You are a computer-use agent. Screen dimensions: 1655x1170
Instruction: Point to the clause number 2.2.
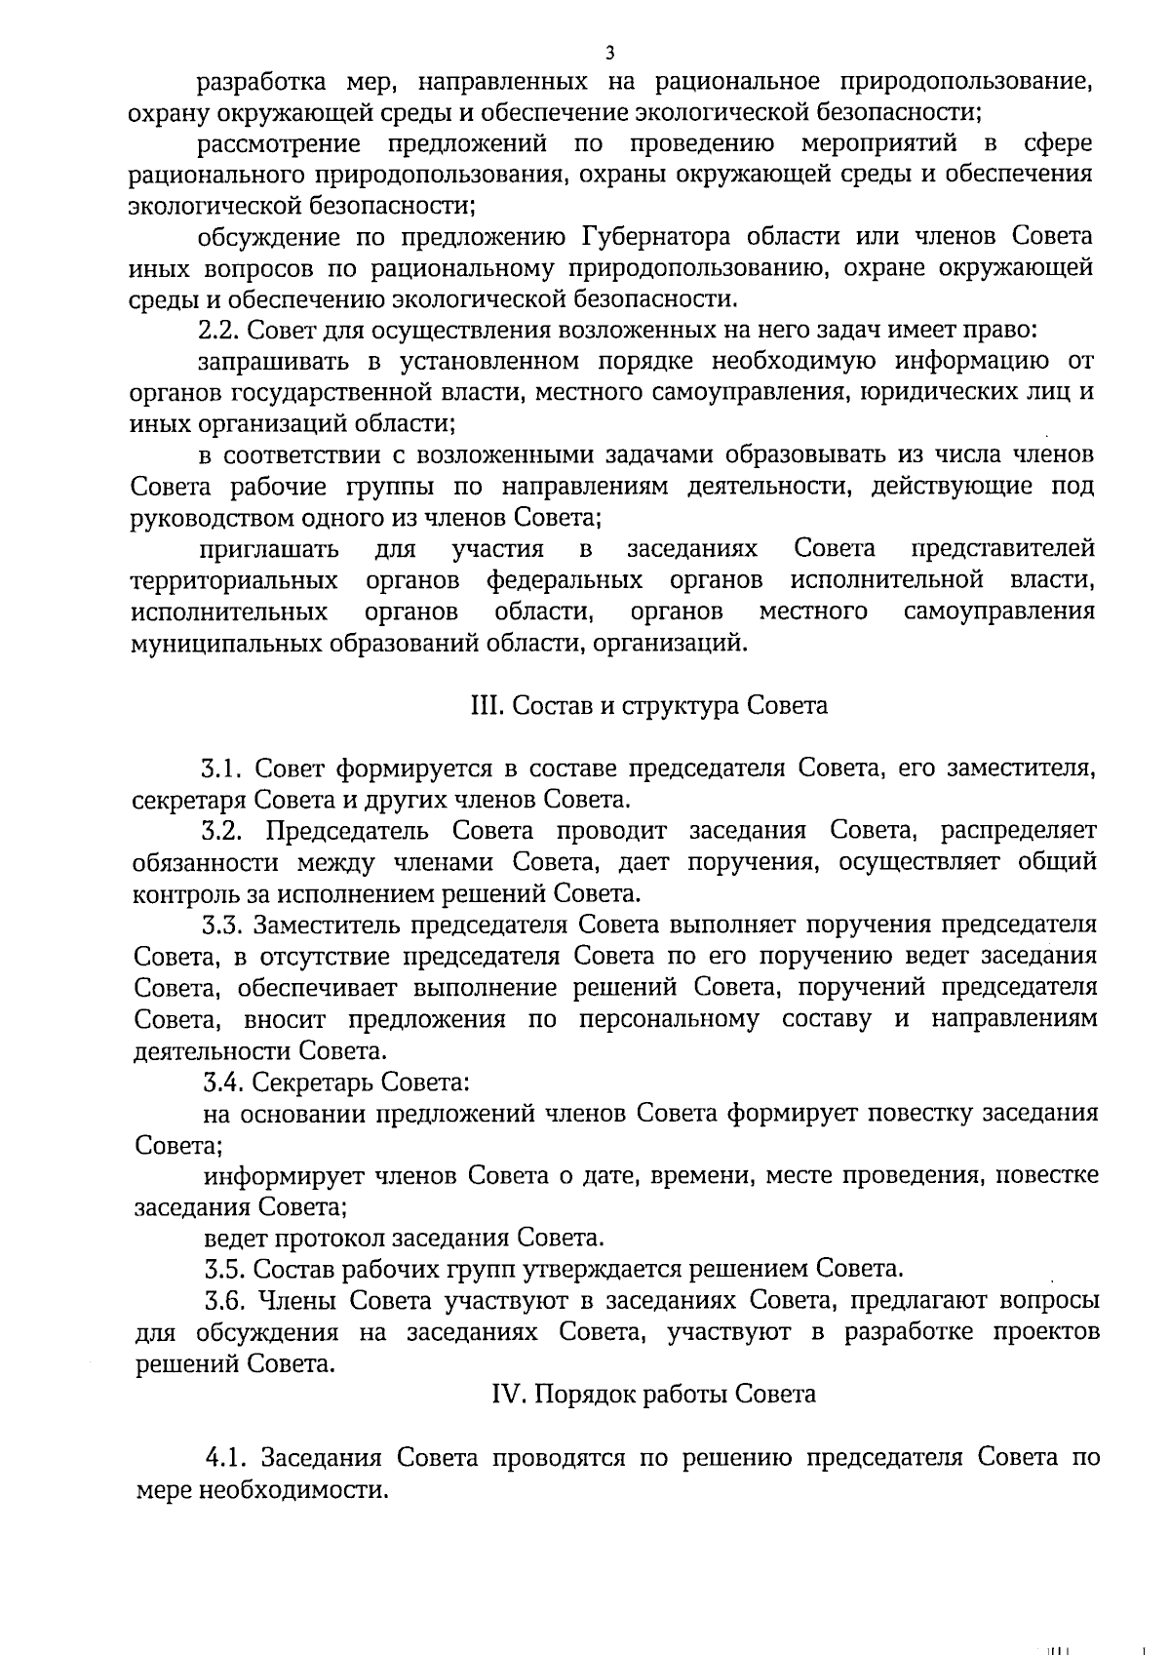pyautogui.click(x=215, y=330)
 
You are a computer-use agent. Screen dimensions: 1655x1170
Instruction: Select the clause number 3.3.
pyautogui.click(x=220, y=925)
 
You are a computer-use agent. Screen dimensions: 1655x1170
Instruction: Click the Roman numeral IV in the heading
pyautogui.click(x=509, y=1395)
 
